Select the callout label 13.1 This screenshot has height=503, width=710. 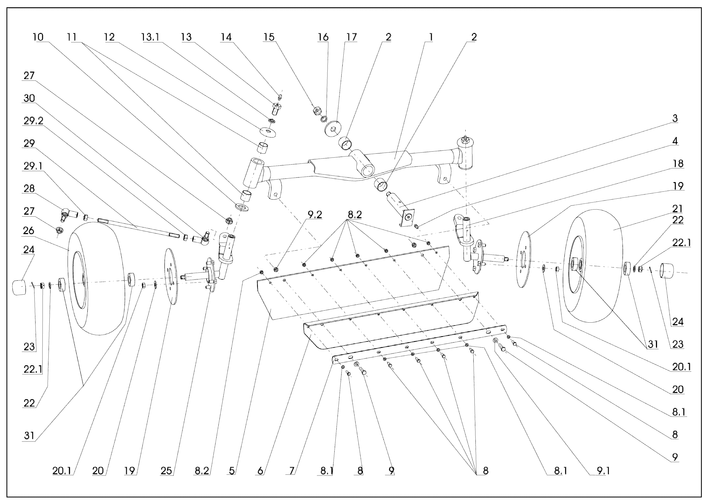coord(150,37)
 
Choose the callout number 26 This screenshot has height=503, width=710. coord(28,230)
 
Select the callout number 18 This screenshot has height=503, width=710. coord(678,164)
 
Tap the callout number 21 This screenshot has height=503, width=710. coord(678,209)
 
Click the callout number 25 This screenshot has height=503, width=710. coord(166,471)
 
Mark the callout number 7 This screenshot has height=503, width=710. coord(292,471)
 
